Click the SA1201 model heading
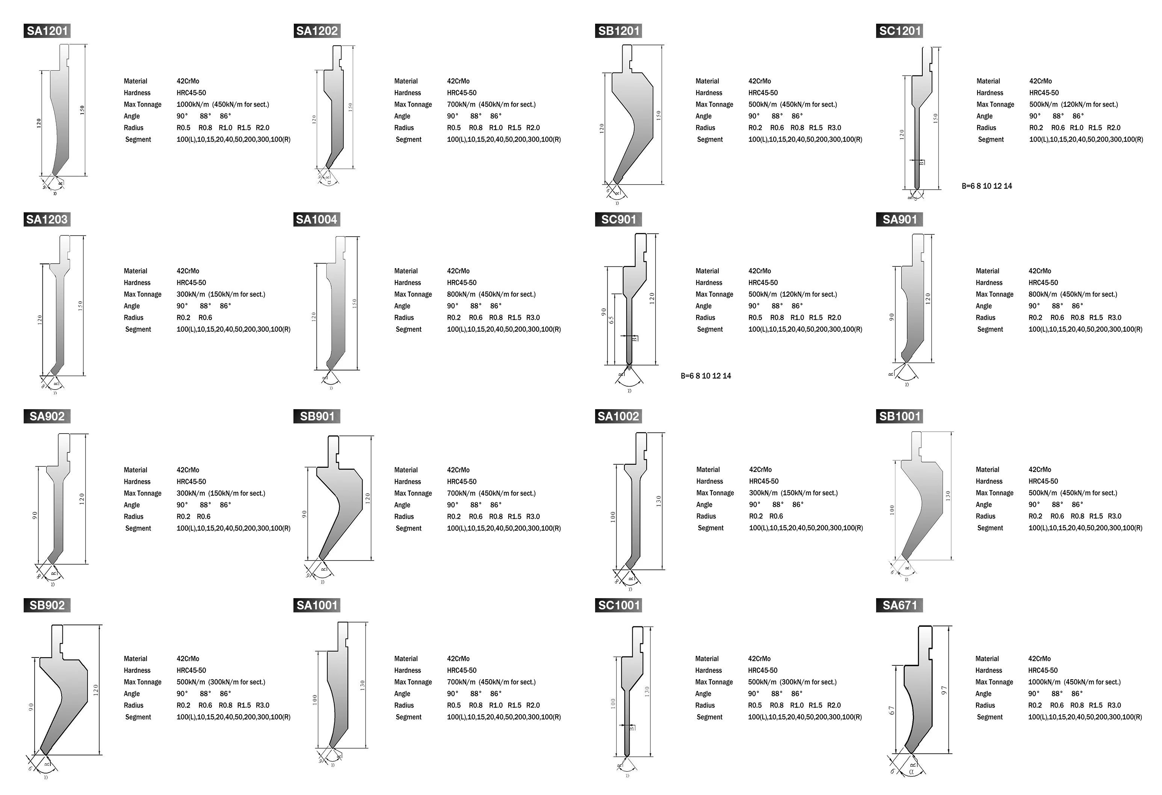[x=47, y=31]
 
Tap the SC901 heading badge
[x=618, y=219]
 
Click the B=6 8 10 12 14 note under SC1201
[x=987, y=186]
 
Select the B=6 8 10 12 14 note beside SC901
[x=706, y=376]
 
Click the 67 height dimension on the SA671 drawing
[x=892, y=710]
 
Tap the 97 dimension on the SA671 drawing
[x=944, y=691]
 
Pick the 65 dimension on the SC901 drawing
[x=611, y=319]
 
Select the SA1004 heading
[x=316, y=219]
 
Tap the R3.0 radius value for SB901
[x=533, y=517]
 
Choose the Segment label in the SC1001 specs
[x=709, y=717]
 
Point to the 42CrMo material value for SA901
[x=1040, y=271]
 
